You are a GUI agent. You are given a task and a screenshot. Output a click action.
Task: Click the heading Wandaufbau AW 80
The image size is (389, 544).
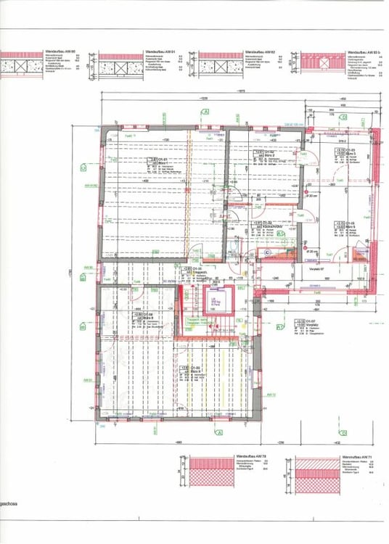pyautogui.click(x=60, y=53)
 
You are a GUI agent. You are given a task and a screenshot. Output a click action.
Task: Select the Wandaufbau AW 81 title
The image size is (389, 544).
pyautogui.click(x=160, y=53)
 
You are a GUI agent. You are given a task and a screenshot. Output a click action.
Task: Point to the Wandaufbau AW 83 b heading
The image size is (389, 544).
pyautogui.click(x=363, y=53)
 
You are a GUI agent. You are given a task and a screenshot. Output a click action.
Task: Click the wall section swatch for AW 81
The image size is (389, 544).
pyautogui.click(x=120, y=65)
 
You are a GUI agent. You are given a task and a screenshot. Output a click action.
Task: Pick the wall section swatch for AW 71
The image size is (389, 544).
pyautogui.click(x=316, y=471)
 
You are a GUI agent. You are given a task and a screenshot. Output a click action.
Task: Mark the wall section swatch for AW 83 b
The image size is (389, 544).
pyautogui.click(x=321, y=66)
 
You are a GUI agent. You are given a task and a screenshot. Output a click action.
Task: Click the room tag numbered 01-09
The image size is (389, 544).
pyautogui.click(x=197, y=371)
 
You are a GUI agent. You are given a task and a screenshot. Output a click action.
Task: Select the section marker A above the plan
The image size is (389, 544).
pyautogui.click(x=206, y=112)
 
